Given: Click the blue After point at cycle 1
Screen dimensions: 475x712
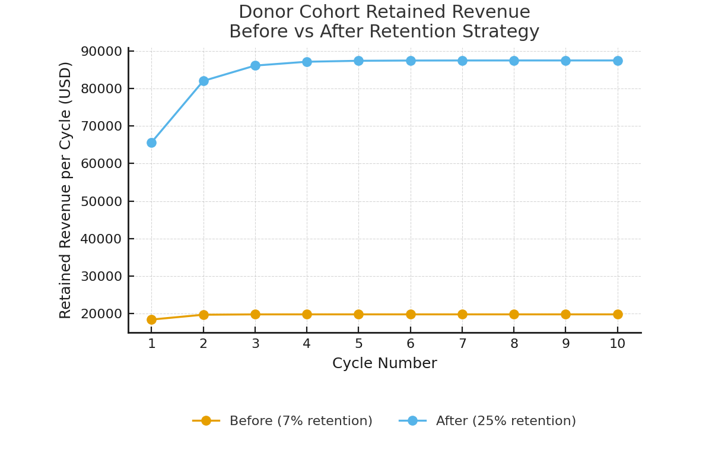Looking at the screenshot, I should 151,142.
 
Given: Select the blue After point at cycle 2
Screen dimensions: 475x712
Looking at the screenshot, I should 204,81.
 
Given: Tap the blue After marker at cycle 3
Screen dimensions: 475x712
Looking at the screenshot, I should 255,65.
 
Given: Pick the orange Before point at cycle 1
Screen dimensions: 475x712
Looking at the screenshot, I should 151,319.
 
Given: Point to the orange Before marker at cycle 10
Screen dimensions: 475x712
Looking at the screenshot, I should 618,314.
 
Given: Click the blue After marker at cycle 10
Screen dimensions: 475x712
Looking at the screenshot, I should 618,61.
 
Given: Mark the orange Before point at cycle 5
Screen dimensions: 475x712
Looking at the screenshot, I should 358,314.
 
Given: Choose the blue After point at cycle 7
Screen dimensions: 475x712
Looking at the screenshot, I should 462,61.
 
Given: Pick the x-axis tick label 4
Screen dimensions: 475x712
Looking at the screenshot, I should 307,344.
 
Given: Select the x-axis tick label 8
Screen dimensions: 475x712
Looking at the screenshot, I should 514,344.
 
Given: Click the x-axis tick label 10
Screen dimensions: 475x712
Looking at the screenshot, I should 618,344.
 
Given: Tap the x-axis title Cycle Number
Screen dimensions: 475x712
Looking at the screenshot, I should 384,363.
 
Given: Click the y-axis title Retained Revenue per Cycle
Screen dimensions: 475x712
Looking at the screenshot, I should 66,190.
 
